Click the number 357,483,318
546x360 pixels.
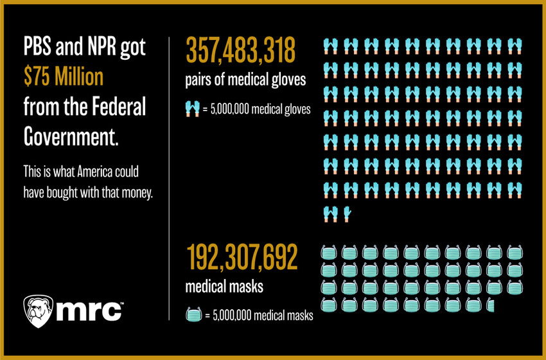(241, 51)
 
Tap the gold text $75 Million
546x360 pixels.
(63, 77)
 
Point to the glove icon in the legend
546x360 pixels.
(192, 109)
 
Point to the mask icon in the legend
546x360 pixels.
(193, 315)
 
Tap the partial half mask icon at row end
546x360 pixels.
(491, 304)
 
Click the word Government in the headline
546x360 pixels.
(71, 136)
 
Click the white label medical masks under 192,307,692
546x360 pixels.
(224, 287)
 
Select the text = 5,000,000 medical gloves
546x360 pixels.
(256, 109)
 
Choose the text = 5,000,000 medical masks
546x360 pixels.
(258, 315)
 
